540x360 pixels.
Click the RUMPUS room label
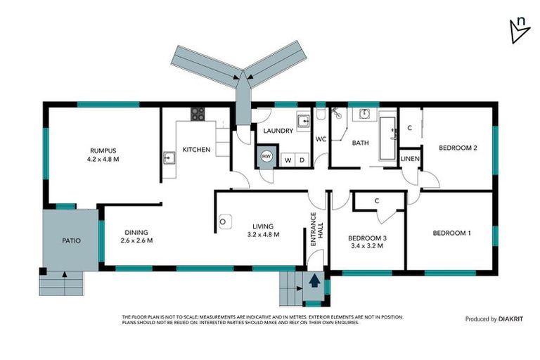[103, 150]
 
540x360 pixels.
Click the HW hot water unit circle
[266, 156]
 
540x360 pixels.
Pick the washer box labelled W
[288, 160]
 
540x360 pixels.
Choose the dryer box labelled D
[302, 160]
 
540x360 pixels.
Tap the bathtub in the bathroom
[387, 139]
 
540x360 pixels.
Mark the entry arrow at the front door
[314, 281]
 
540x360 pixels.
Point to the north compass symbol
[518, 29]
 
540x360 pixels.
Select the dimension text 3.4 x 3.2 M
[368, 247]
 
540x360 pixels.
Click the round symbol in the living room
[223, 221]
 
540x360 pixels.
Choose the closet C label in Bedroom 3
[377, 201]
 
